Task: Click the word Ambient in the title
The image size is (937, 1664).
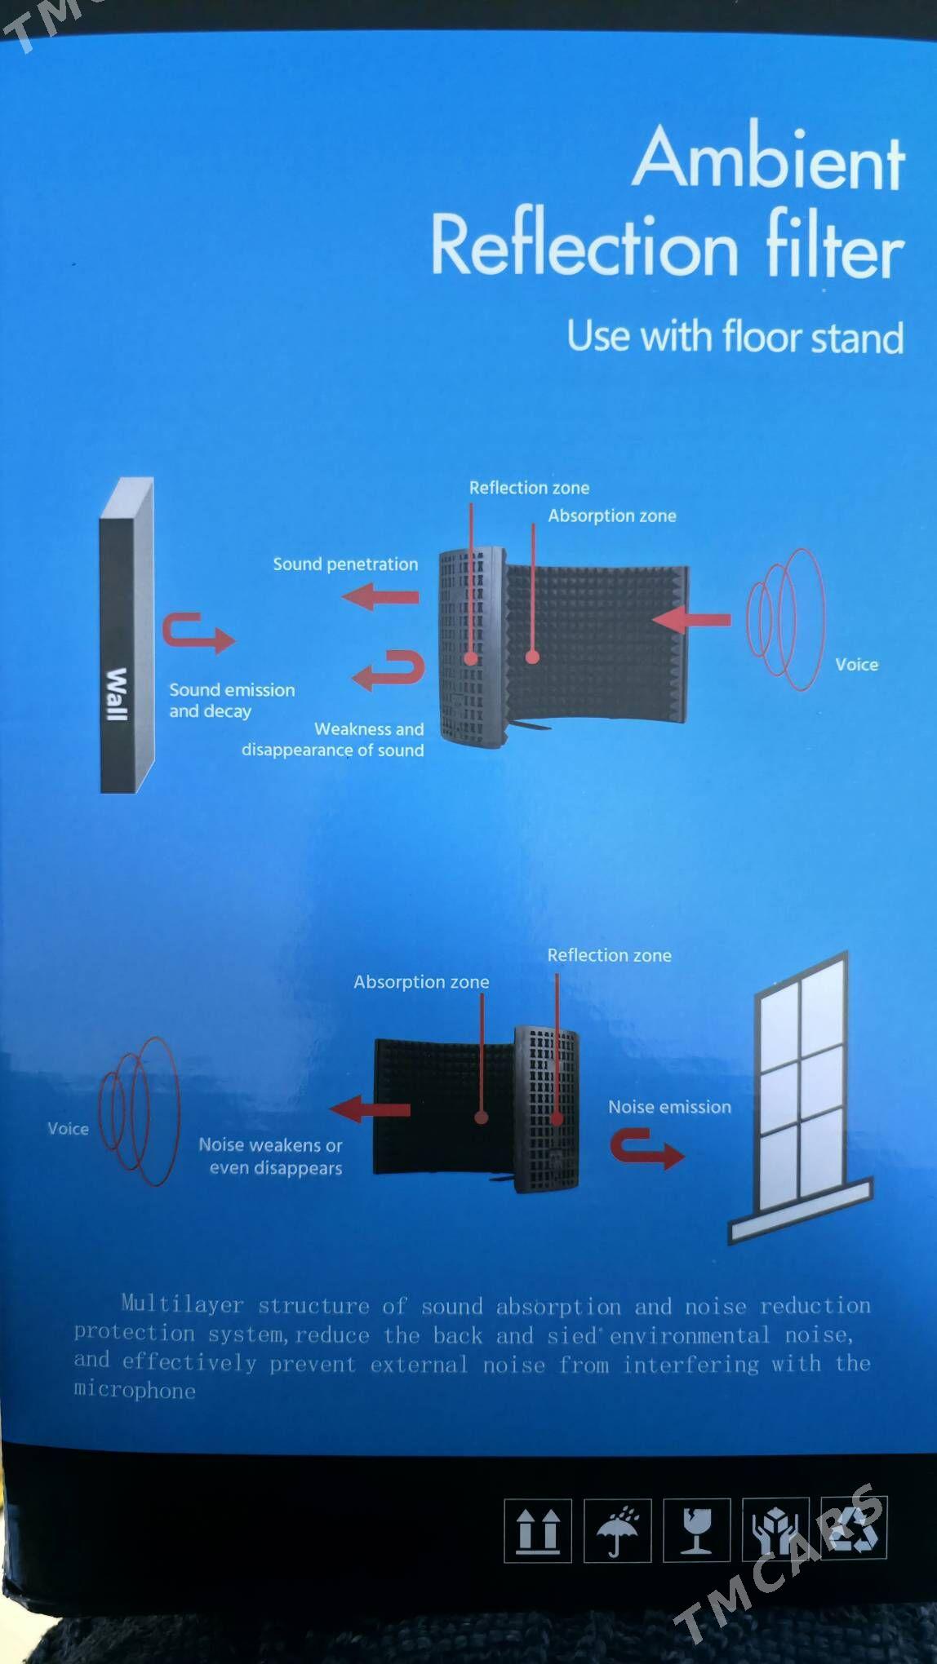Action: coord(769,158)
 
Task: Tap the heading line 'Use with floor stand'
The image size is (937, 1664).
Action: coord(735,336)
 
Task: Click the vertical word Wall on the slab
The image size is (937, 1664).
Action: coord(118,693)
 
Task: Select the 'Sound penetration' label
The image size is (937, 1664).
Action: coord(345,564)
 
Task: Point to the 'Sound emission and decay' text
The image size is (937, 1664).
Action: coord(231,700)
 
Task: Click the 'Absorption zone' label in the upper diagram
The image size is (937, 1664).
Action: coord(611,516)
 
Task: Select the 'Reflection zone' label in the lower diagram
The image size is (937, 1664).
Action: coord(609,955)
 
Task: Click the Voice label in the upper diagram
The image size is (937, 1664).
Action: coord(856,665)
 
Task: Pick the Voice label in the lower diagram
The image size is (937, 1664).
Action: coord(68,1129)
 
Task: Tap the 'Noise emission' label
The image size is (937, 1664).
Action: coord(669,1107)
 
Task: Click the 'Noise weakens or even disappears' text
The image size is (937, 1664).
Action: coord(272,1157)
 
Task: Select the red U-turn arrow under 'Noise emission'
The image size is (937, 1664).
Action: coord(646,1148)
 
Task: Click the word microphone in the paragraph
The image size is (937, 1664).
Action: coord(135,1391)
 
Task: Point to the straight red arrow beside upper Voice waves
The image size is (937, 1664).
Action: coord(691,620)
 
